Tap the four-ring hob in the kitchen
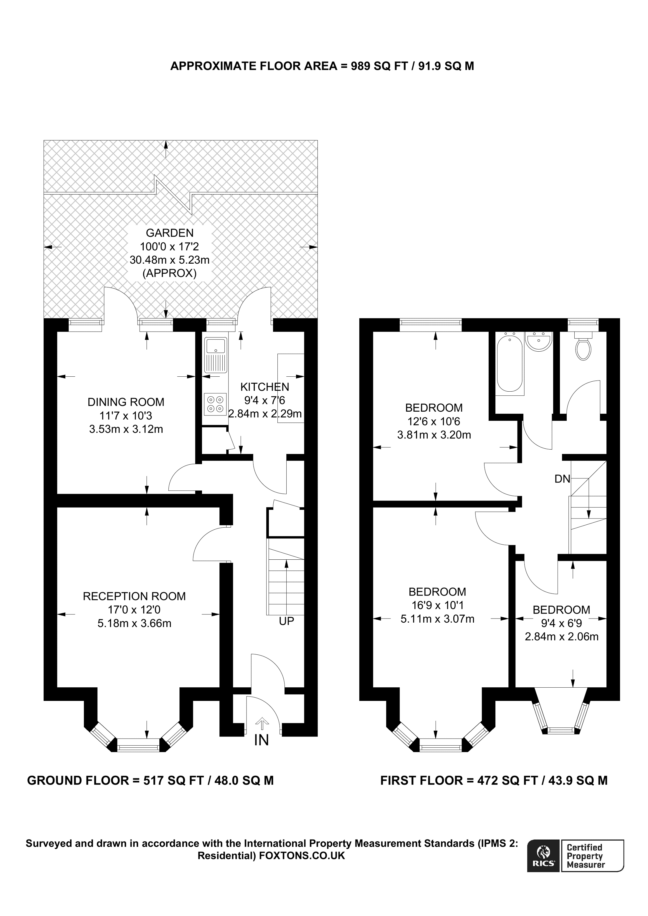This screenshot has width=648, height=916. (216, 404)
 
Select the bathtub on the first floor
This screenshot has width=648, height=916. (510, 363)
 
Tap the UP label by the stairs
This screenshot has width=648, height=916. (286, 621)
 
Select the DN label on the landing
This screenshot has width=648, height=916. (562, 479)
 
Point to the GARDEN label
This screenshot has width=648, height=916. (170, 233)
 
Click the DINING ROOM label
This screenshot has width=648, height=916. (126, 402)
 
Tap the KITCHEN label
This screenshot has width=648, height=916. (265, 387)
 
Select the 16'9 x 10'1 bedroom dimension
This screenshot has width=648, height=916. (438, 605)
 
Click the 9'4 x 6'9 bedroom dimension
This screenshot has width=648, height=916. (561, 623)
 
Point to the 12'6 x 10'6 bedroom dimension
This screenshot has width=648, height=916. (434, 421)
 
